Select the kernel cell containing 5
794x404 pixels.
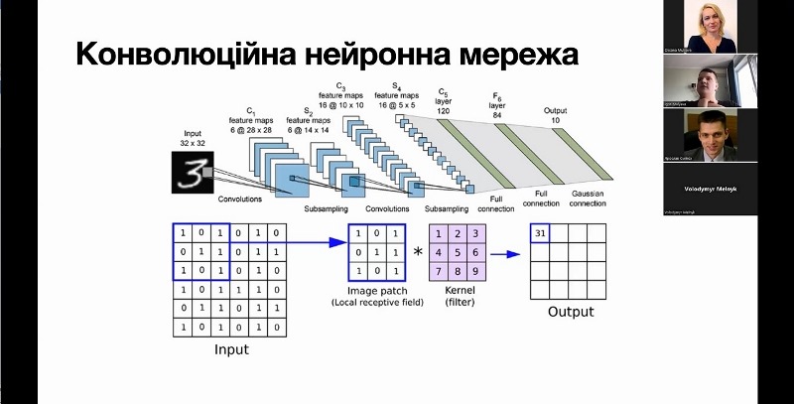click(x=458, y=252)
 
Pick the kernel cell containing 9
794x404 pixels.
click(x=476, y=271)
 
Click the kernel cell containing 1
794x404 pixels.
click(x=439, y=234)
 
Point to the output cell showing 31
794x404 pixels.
click(x=540, y=234)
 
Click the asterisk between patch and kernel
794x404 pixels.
click(x=418, y=252)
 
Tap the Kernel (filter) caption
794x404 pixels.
click(x=459, y=295)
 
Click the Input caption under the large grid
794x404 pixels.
click(x=231, y=349)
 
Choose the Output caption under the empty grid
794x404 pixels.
click(x=570, y=311)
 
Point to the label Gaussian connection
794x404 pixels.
click(x=589, y=198)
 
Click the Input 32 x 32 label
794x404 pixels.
click(x=191, y=138)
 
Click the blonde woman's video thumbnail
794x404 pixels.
click(x=711, y=27)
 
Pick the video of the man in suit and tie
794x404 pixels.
click(x=711, y=134)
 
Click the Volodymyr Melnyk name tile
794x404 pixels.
click(x=711, y=187)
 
